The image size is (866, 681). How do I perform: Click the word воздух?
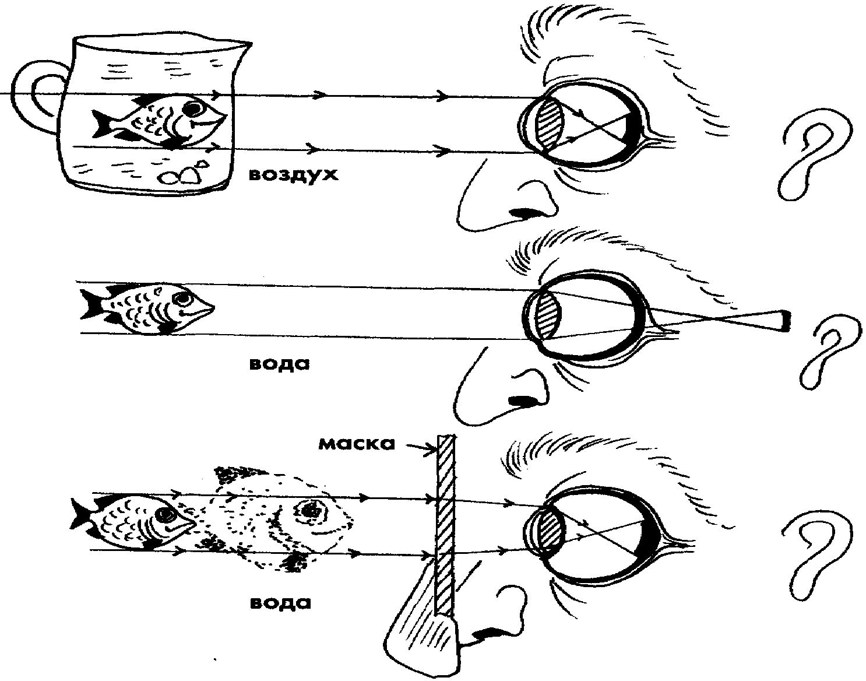point(293,174)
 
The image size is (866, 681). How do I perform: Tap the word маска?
point(355,444)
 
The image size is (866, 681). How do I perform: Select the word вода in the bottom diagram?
point(280,602)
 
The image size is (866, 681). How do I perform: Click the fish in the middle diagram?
point(149,308)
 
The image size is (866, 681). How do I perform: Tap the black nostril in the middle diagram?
point(522,401)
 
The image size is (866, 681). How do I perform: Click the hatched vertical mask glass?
point(446,525)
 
